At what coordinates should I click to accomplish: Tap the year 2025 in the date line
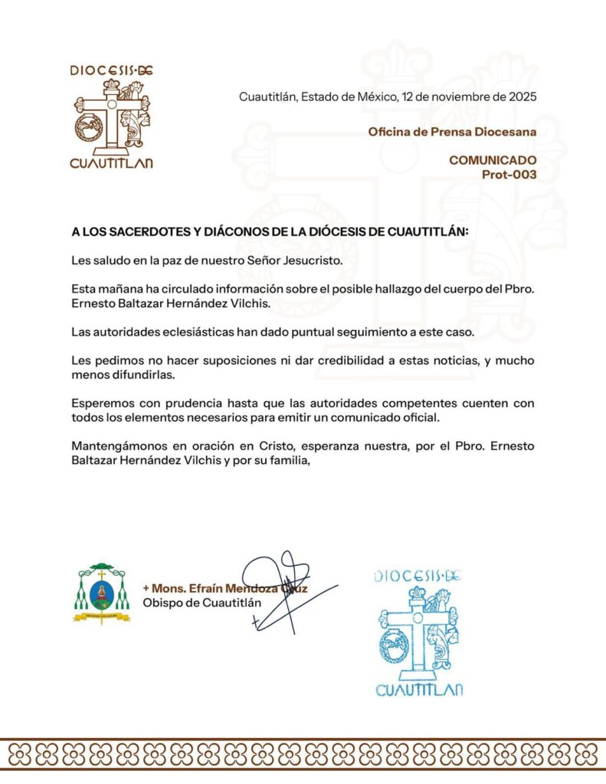point(521,97)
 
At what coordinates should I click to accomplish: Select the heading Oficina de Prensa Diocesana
point(452,132)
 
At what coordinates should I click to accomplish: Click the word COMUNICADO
point(493,160)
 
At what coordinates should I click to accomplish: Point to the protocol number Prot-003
point(509,174)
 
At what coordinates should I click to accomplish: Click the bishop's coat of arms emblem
point(102,595)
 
